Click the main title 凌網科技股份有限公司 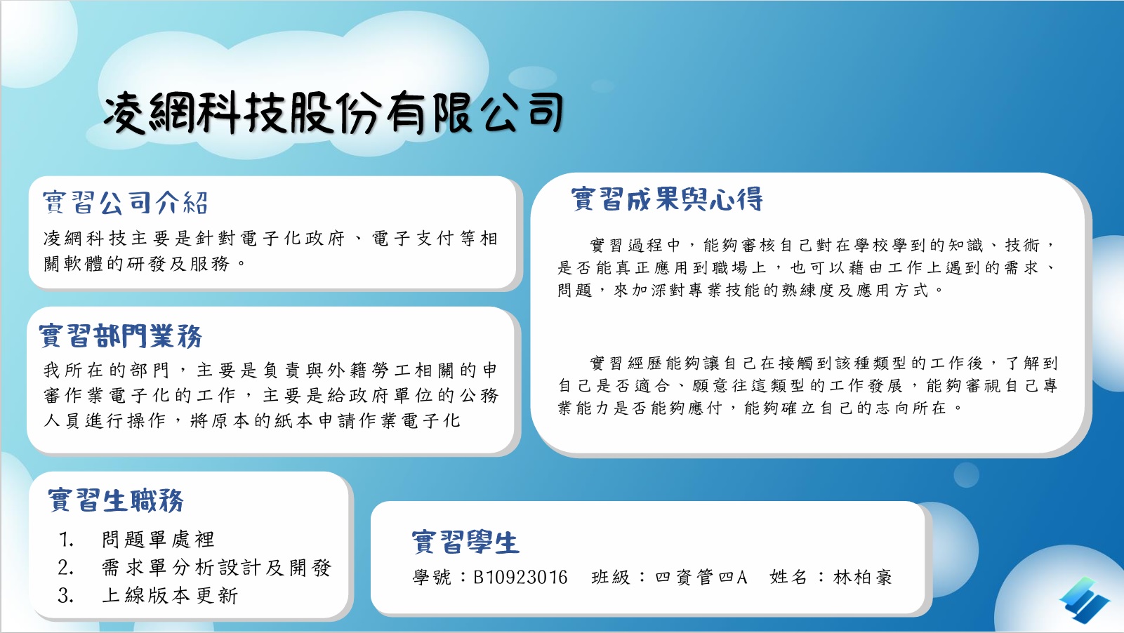(333, 113)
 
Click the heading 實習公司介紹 (126, 203)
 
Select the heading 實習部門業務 (121, 335)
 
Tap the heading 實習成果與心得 (667, 199)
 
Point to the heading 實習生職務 (116, 500)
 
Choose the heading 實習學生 (465, 542)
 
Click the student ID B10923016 (520, 578)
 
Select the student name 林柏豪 (863, 578)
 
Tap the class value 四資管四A (701, 578)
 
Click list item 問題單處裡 (158, 540)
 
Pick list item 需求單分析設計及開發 (216, 568)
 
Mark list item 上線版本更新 (170, 595)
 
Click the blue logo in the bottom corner (1084, 600)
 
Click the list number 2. (66, 568)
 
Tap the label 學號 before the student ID (432, 578)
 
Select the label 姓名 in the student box (788, 578)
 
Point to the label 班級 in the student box (611, 578)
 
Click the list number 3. (66, 596)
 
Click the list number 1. (66, 540)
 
